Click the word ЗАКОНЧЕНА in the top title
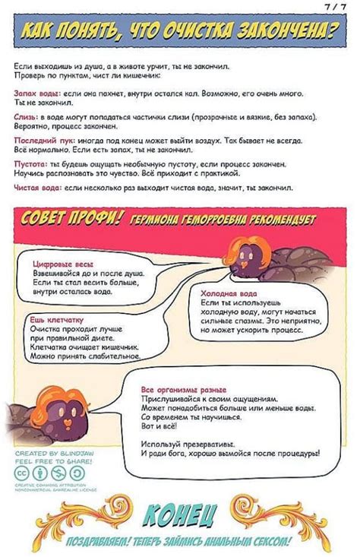(x=289, y=32)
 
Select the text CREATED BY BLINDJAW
(x=52, y=452)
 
